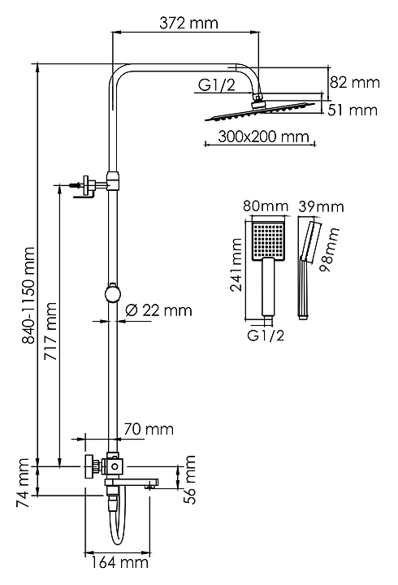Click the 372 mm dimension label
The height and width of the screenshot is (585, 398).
188,23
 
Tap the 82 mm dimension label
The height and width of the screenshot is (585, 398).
355,82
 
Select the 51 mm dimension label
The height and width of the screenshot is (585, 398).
353,110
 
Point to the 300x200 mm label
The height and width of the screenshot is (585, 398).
263,136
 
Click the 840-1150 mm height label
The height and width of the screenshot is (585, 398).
28,295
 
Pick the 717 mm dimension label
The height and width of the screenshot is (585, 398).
50,331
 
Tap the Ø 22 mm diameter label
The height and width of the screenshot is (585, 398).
158,310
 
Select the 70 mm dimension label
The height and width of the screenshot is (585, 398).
149,429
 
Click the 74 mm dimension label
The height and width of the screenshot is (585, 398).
22,483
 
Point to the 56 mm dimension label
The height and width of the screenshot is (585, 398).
190,480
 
